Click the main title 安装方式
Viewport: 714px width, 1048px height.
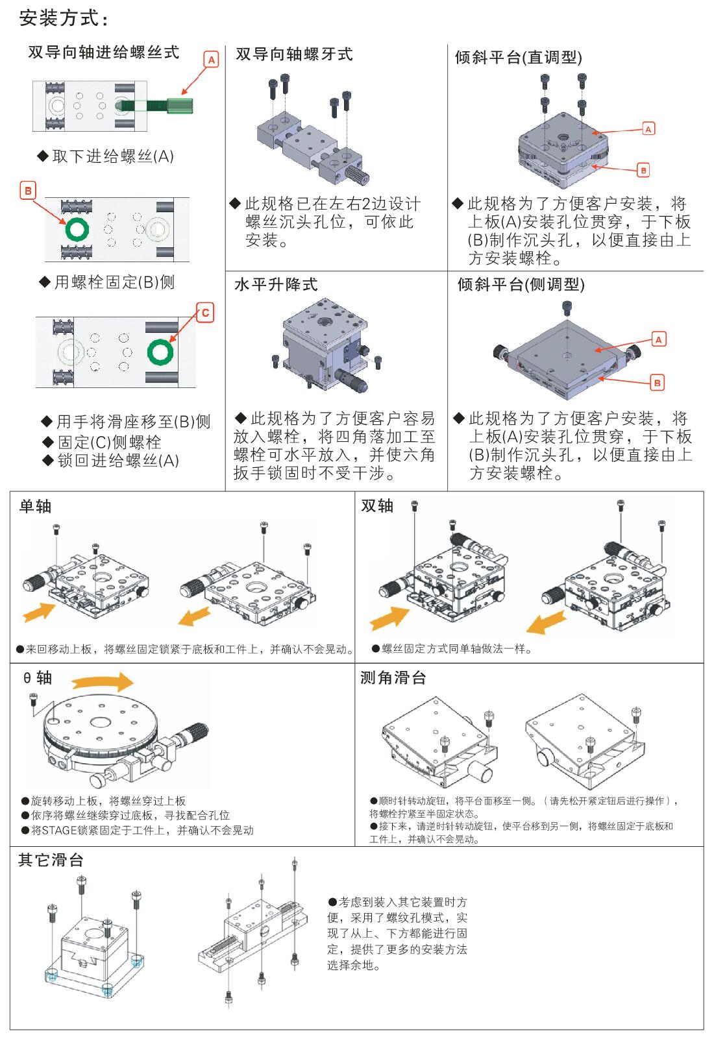pyautogui.click(x=63, y=18)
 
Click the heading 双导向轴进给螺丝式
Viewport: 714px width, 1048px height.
pyautogui.click(x=104, y=53)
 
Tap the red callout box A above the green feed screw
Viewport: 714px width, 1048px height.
pyautogui.click(x=211, y=60)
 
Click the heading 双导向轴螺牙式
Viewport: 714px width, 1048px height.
pyautogui.click(x=294, y=55)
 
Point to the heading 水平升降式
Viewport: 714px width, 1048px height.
pyautogui.click(x=276, y=284)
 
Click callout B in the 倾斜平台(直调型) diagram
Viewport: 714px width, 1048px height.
pyautogui.click(x=643, y=170)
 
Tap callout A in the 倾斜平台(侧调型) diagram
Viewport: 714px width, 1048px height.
pyautogui.click(x=658, y=339)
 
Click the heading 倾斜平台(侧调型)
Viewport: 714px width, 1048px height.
pyautogui.click(x=521, y=284)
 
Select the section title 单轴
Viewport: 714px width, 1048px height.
pyautogui.click(x=35, y=506)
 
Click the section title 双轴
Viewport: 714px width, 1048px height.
pyautogui.click(x=377, y=506)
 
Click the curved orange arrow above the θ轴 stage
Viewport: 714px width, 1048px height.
pyautogui.click(x=102, y=682)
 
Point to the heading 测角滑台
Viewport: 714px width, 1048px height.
pyautogui.click(x=393, y=678)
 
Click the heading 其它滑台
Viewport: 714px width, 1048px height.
pyautogui.click(x=51, y=860)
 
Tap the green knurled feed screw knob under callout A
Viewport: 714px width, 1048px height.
pyautogui.click(x=177, y=104)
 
